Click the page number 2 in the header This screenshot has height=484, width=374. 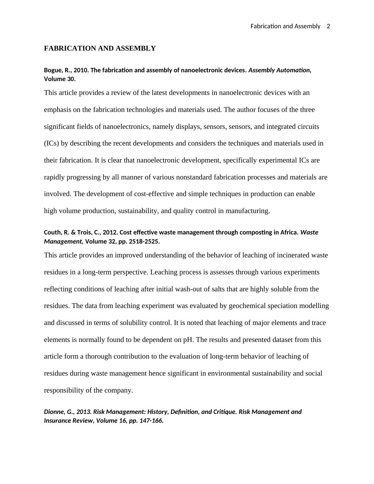(328, 26)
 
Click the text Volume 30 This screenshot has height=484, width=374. (59, 79)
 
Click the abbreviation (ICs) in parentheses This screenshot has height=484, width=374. (52, 144)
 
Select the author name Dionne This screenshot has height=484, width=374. (54, 412)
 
